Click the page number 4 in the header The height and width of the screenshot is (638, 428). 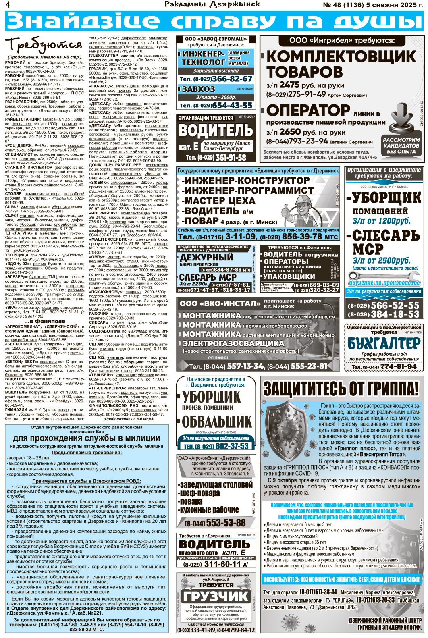tap(8, 5)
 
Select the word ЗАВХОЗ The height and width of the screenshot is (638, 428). tap(198, 89)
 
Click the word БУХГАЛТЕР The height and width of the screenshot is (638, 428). tap(383, 344)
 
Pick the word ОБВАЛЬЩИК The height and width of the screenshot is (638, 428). tap(216, 422)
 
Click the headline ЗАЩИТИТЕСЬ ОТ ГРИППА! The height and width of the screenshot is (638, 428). tap(341, 389)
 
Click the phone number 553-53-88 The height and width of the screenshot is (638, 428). tap(221, 523)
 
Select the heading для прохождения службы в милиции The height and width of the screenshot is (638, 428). tap(87, 438)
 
